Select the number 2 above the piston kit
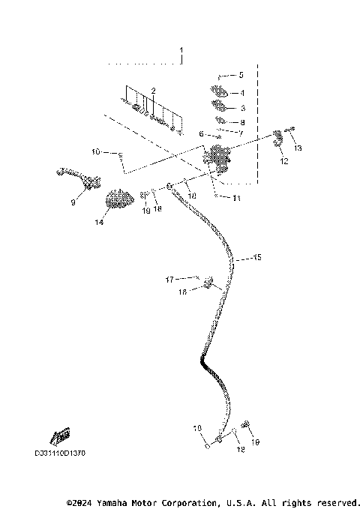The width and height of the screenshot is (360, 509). tap(153, 91)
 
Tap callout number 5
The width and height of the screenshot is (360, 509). tap(241, 76)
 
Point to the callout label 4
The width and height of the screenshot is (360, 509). tap(241, 93)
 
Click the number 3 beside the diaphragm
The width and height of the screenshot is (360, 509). tap(241, 107)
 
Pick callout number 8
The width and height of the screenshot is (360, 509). tap(241, 121)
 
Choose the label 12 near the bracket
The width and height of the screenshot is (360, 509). tap(283, 161)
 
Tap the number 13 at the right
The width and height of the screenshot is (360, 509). tap(298, 148)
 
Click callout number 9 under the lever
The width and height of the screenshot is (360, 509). tap(73, 202)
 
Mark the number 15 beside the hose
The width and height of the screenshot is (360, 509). tap(257, 257)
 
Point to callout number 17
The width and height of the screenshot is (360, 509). tap(169, 280)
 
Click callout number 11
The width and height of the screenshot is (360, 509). tap(216, 198)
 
